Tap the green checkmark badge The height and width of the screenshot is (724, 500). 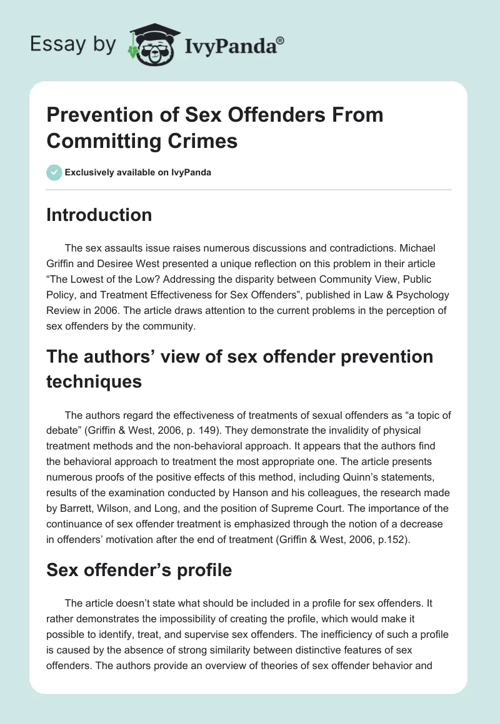pos(54,172)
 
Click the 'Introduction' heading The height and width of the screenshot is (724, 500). pos(99,215)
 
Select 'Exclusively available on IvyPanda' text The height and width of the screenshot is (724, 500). pos(138,173)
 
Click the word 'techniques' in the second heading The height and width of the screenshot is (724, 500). pos(94,381)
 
